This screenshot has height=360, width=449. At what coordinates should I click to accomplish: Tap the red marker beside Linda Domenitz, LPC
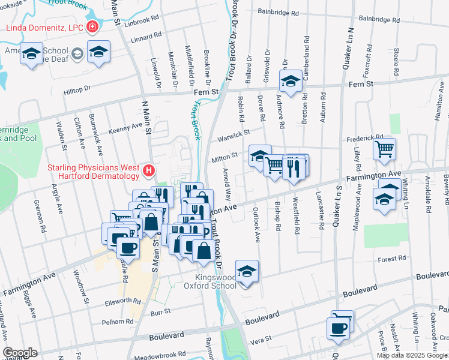pos(92,26)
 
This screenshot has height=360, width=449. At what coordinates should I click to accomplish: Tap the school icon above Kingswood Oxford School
pos(247,272)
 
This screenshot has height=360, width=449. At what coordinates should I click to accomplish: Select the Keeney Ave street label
pos(125,127)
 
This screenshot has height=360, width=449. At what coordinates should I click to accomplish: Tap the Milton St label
pos(225,158)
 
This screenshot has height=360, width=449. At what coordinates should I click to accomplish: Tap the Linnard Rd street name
pos(146,37)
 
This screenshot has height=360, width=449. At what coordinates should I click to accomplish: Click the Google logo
pos(20,353)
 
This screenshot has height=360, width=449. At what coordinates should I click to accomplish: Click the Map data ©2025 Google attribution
pos(412,355)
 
